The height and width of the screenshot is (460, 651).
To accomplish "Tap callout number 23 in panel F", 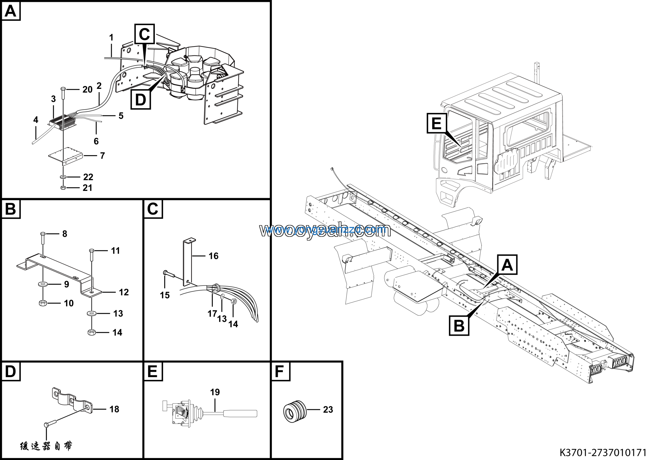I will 328,410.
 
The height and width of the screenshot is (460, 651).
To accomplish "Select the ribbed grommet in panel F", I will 295,410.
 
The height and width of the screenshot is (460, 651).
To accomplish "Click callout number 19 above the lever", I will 215,392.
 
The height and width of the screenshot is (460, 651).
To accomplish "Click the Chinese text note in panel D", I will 46,446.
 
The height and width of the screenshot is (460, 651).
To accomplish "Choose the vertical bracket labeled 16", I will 187,262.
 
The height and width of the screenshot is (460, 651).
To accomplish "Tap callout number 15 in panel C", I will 165,295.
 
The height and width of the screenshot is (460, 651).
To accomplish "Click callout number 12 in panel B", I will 124,292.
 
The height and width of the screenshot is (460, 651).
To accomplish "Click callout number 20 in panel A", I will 87,90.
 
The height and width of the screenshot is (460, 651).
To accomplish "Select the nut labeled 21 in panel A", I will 63,188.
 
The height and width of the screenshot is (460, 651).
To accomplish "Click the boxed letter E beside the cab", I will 436,123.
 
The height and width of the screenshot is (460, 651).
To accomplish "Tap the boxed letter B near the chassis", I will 459,325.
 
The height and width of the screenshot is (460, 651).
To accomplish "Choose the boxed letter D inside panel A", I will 140,99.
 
